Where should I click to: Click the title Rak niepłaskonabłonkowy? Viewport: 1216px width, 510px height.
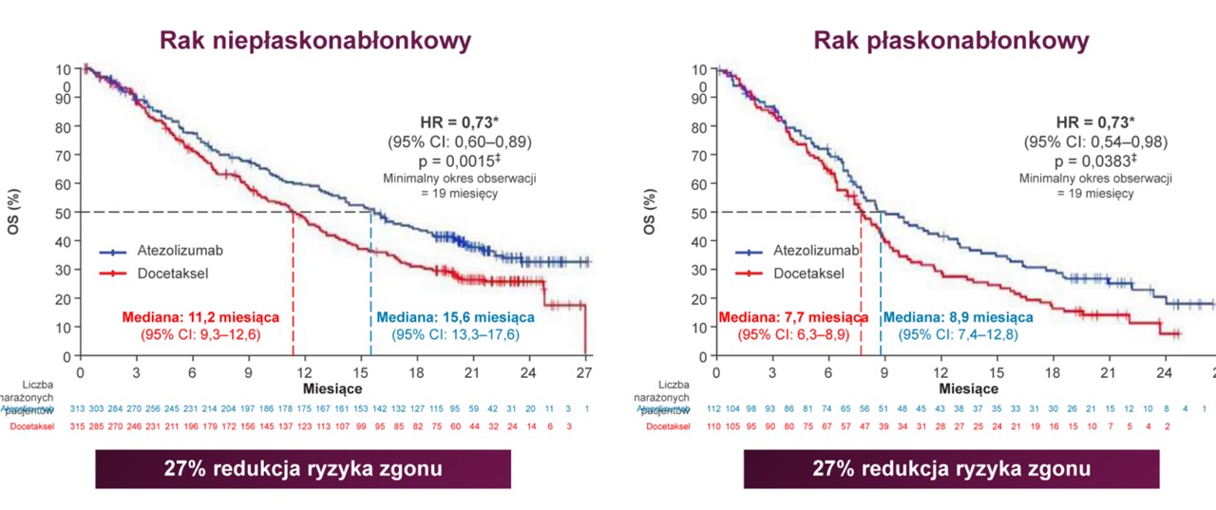[x=315, y=41]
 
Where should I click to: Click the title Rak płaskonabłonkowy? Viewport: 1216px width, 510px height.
[x=951, y=41]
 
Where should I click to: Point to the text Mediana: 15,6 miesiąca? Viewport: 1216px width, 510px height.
[x=456, y=317]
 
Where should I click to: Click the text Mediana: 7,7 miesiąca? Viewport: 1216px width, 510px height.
[x=794, y=317]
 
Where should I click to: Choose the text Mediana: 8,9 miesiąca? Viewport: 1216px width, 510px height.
[x=959, y=317]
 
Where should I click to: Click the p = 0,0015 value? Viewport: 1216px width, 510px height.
[x=461, y=161]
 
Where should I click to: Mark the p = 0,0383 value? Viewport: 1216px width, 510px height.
[x=1095, y=161]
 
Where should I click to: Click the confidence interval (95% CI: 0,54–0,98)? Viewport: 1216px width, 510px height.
[x=1095, y=142]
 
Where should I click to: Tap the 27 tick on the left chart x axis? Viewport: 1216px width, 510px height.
[x=585, y=371]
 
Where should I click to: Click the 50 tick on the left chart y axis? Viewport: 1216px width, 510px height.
[x=62, y=212]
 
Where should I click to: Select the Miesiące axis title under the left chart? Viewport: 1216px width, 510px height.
[x=332, y=389]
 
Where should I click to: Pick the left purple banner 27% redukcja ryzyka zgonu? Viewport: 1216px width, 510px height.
[x=303, y=469]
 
